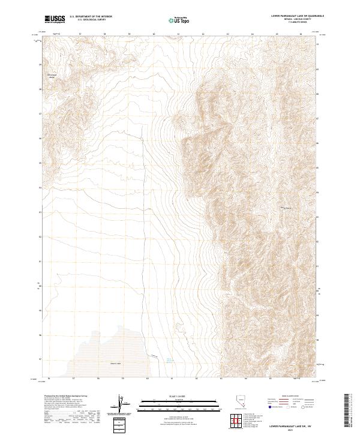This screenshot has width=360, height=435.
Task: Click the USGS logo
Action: [55, 19]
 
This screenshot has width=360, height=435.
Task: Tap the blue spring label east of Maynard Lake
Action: [170, 360]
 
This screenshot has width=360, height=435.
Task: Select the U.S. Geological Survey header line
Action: [91, 20]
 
